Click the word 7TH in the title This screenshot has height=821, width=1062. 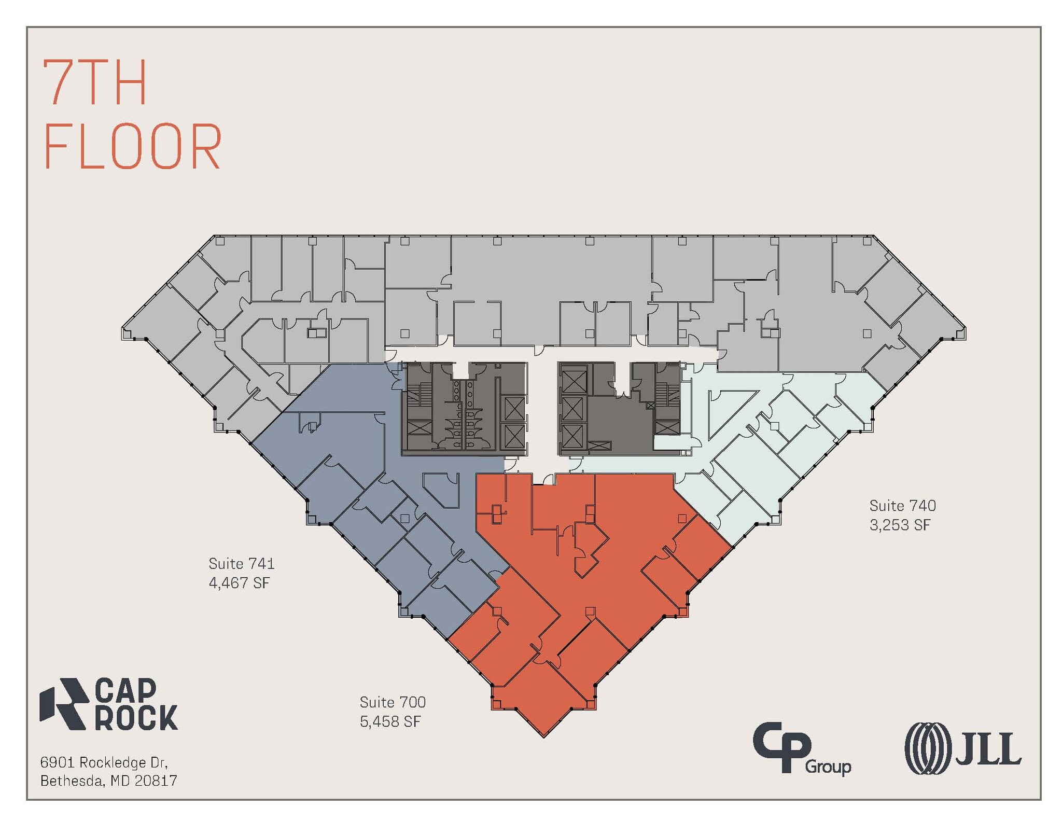point(95,82)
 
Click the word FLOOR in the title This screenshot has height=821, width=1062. point(133,147)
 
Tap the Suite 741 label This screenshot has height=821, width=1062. point(242,563)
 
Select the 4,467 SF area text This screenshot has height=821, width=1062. point(239,583)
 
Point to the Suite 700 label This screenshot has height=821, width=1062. point(393,702)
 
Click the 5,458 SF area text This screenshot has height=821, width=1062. point(390,721)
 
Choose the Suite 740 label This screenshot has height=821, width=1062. point(903,506)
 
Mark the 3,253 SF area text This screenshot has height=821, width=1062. point(900,525)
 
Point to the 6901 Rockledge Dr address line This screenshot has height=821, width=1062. point(104,762)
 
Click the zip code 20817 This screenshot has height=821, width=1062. point(156,780)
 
